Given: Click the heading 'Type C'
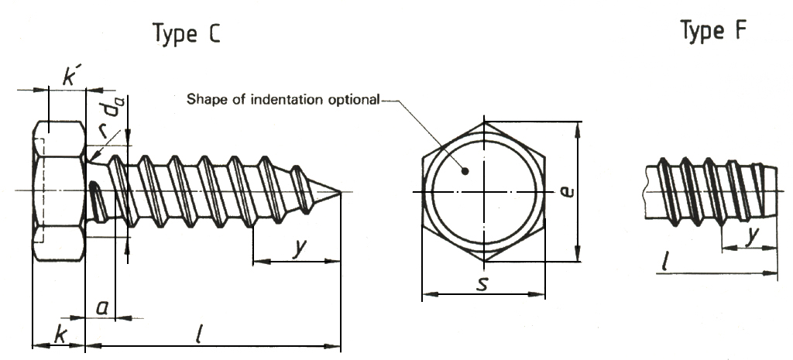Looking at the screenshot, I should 185,34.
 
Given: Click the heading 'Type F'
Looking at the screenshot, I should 714,31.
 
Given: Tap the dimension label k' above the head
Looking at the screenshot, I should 72,77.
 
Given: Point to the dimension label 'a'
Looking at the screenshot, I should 101,307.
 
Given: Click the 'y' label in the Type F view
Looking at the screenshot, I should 750,237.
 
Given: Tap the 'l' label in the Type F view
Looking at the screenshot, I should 665,262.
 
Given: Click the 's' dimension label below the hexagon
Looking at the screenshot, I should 482,283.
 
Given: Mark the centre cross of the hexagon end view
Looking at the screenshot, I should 482,191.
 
